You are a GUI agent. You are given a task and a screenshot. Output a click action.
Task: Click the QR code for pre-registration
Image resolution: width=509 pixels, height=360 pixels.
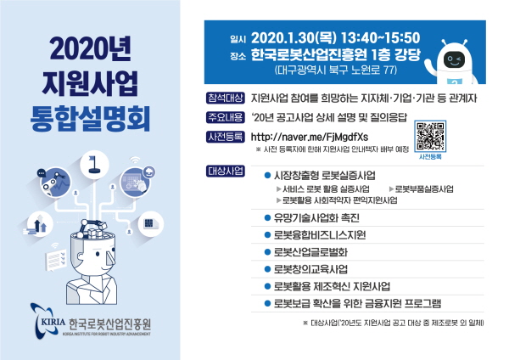point(430,136)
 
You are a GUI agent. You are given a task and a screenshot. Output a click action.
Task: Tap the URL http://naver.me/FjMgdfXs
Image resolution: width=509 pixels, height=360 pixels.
point(310,137)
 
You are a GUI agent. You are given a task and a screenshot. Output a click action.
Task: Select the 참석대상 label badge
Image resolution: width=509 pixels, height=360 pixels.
point(226,98)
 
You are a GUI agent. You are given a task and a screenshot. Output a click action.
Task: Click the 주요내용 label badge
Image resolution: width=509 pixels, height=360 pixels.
point(226,117)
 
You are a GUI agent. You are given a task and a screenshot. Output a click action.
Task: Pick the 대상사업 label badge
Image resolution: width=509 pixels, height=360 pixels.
point(226,172)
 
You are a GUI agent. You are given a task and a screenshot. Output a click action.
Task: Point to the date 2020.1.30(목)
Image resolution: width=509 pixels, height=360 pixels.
point(294,38)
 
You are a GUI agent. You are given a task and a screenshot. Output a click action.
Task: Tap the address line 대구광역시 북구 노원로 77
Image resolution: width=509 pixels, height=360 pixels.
point(336,70)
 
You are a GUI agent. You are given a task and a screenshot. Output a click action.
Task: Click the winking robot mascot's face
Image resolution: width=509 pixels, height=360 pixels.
point(454,59)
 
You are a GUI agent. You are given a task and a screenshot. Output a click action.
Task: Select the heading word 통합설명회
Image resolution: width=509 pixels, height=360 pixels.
point(90,118)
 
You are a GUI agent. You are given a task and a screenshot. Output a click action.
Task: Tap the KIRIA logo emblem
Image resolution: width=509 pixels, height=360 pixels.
point(48,321)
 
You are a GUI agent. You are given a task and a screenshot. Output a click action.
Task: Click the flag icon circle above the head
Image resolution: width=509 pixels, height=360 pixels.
point(94,165)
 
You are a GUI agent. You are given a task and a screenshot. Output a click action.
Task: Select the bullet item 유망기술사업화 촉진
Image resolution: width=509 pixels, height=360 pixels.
point(316,217)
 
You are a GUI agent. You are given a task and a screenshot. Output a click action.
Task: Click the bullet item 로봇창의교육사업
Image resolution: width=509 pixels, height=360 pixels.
point(311,269)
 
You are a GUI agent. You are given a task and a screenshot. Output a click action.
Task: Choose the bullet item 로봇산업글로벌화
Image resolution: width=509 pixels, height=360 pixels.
point(311,252)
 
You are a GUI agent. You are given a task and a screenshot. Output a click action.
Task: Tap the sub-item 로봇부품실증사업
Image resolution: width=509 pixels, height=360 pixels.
point(424,188)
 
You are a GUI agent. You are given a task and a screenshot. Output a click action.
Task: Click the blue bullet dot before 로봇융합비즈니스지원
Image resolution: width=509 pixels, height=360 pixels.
point(267,235)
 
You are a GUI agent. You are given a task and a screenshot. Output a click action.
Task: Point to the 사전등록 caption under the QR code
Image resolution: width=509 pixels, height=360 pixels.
point(430,156)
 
